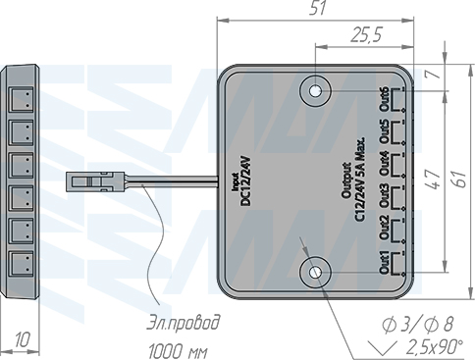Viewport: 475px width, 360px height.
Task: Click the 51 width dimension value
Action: tap(318, 8)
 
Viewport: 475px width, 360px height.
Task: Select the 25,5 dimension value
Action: tap(366, 34)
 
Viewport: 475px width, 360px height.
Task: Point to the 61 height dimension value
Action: tap(460, 179)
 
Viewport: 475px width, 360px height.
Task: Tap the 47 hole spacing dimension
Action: tap(433, 180)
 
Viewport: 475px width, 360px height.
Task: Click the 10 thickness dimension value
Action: tap(23, 340)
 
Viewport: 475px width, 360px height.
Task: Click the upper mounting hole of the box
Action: tap(315, 91)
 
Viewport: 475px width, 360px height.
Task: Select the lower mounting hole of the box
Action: tap(315, 273)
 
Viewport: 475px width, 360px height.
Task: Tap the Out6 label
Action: tap(384, 99)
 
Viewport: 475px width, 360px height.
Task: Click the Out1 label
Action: tap(384, 263)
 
